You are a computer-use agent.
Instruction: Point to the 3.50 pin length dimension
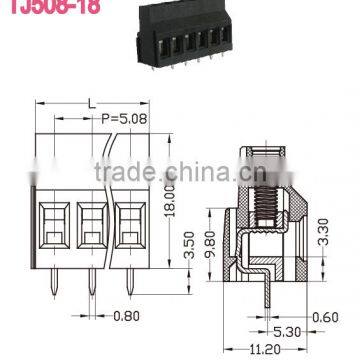pos(153,245)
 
